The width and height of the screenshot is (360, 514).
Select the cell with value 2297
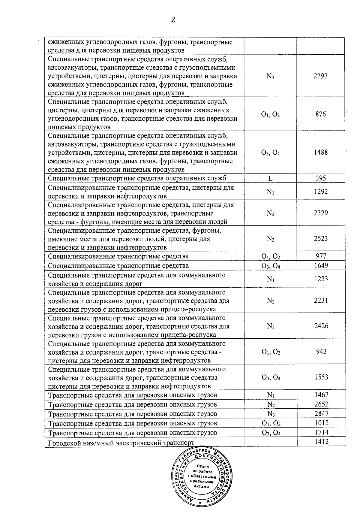pos(320,76)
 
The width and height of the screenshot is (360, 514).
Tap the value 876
pos(320,114)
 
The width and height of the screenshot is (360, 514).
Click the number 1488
pos(321,152)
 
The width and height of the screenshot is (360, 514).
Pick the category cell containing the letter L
pos(270,178)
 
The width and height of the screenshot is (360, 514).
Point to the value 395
pos(321,178)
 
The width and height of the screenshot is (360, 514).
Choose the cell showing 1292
pos(321,192)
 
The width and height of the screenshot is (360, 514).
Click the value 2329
pos(321,213)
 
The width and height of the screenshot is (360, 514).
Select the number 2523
pos(321,239)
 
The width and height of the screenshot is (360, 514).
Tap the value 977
pos(321,256)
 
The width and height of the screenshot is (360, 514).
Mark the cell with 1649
pos(321,265)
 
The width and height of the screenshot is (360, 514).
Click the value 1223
pos(321,279)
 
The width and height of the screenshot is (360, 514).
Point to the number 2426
pos(321,326)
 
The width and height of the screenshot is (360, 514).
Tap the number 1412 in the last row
pos(322,442)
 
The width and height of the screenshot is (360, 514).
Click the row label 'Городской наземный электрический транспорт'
pos(121,443)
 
